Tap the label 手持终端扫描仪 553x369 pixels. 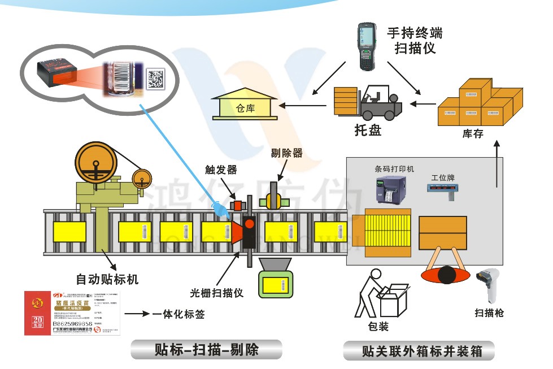pyautogui.click(x=415, y=40)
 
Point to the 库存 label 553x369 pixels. pyautogui.click(x=473, y=134)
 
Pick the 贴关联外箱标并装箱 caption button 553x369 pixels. pyautogui.click(x=419, y=351)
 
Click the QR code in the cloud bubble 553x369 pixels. pyautogui.click(x=156, y=78)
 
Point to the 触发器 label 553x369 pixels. pyautogui.click(x=221, y=170)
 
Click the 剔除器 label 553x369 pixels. pyautogui.click(x=286, y=153)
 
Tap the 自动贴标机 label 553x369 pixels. pyautogui.click(x=107, y=279)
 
